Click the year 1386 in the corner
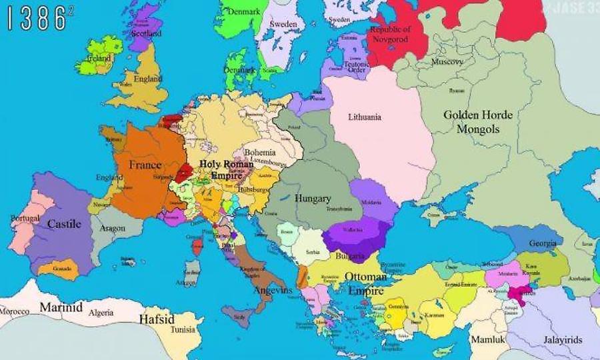(x=36, y=19)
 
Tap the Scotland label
(x=146, y=33)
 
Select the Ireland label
(x=99, y=58)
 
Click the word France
(x=145, y=165)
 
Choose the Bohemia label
(x=260, y=153)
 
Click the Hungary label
(x=313, y=199)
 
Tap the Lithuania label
(x=365, y=117)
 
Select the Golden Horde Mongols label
(x=478, y=122)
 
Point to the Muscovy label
(x=447, y=62)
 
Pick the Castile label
(x=64, y=224)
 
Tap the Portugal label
(x=25, y=219)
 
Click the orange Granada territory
(x=58, y=269)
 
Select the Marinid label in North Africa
(x=61, y=307)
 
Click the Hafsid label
(x=157, y=319)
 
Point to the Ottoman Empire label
(x=365, y=283)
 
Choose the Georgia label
(x=543, y=243)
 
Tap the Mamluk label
(x=489, y=339)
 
